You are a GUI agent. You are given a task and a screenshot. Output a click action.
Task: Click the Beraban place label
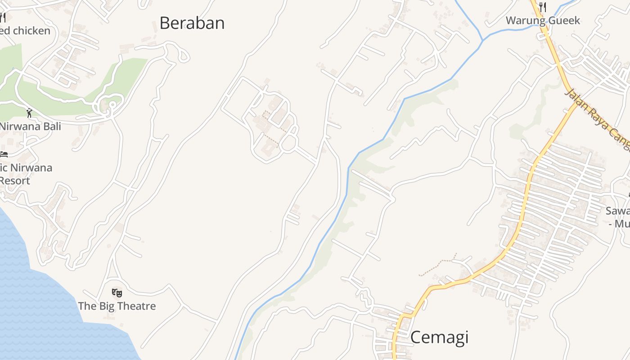point(192,23)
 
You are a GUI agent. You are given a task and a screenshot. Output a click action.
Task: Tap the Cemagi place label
point(439,337)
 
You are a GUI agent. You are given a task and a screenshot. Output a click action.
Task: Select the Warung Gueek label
point(543,20)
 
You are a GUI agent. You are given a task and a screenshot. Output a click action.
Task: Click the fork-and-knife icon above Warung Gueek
point(543,7)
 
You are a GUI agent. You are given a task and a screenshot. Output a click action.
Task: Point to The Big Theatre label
point(117,306)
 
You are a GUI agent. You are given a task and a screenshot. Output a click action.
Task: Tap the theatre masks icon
point(117,293)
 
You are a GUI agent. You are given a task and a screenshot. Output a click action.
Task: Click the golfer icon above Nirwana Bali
point(29,112)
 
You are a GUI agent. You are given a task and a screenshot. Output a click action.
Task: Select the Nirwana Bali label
point(30,126)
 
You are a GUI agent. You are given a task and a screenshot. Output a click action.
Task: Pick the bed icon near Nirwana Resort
point(4,154)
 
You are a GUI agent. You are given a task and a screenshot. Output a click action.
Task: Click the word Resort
point(14,180)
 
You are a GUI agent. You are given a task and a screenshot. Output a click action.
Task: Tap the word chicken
point(31,31)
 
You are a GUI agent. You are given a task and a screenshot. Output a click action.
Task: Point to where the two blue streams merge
point(482,40)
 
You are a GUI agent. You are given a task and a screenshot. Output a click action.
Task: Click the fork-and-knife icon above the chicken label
point(3,18)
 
